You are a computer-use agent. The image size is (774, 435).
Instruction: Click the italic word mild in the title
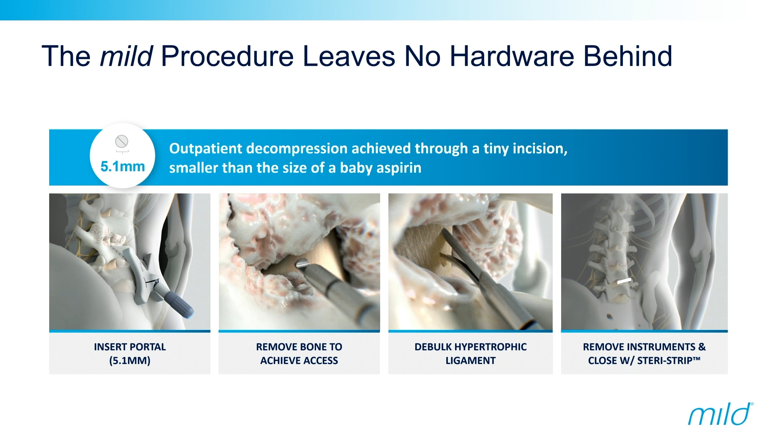point(126,56)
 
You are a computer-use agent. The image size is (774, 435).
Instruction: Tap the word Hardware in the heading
point(512,56)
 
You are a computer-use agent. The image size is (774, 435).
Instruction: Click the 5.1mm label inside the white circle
point(123,166)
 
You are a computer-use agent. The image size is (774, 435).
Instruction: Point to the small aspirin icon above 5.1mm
point(122,142)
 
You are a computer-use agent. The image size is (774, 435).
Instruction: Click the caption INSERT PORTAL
point(130,347)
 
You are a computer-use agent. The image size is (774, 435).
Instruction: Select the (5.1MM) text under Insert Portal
point(130,360)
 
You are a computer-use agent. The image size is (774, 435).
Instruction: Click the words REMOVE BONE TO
point(299,347)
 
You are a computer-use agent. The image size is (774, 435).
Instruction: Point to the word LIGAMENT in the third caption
point(470,360)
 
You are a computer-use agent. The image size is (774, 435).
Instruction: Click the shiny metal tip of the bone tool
point(302,264)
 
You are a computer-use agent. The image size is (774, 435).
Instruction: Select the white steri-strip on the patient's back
point(624,280)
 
